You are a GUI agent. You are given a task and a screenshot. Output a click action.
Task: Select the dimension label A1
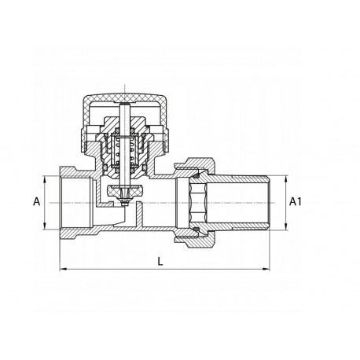297,201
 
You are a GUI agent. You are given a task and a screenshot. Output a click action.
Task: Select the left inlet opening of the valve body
66,201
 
